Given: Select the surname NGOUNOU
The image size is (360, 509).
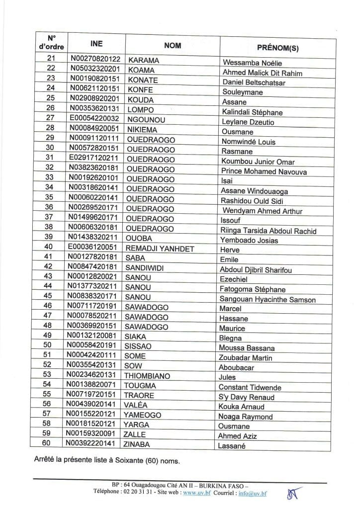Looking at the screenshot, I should (x=145, y=119).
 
